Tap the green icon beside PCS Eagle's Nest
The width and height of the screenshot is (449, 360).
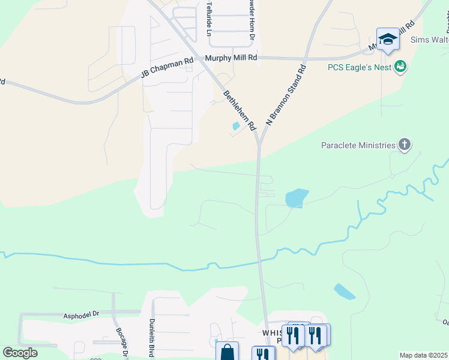[x=400, y=67]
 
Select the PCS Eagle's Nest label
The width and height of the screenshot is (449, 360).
[x=360, y=67]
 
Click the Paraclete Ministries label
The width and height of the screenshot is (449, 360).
[x=358, y=145]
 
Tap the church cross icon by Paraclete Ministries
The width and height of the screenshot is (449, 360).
[x=405, y=145]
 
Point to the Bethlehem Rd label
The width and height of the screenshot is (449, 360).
[x=240, y=110]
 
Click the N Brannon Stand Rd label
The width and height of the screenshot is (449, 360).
[x=286, y=95]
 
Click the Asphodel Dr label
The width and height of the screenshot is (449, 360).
[x=81, y=314]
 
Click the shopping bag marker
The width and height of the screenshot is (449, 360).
[x=227, y=352]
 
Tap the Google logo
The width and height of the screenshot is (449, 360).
[x=20, y=353]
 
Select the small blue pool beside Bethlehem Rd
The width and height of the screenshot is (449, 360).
[x=236, y=126]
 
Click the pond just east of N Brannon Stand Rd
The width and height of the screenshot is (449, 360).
[x=297, y=198]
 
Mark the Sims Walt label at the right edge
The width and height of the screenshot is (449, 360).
[x=429, y=40]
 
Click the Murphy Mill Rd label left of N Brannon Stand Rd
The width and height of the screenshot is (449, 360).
[x=231, y=58]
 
